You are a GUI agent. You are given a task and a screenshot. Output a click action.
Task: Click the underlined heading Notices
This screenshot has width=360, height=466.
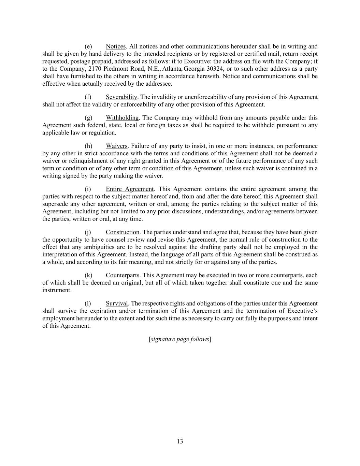point(116,46)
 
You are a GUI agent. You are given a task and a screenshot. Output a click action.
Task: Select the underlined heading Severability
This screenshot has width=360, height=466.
point(121,97)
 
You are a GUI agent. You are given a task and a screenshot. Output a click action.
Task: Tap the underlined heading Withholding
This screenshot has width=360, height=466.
point(122,118)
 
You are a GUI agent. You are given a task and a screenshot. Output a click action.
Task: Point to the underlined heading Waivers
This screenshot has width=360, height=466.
point(117,146)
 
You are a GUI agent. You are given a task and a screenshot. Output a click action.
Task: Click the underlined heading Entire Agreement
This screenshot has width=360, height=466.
point(130,189)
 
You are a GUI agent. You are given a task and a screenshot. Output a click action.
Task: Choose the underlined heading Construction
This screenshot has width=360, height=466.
point(123,232)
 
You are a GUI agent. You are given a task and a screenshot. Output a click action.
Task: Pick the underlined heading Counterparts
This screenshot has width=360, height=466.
point(123,275)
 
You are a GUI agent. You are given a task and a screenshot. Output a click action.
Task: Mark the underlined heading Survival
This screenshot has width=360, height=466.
point(117,303)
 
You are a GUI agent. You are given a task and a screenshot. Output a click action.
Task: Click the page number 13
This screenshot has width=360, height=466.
point(180,441)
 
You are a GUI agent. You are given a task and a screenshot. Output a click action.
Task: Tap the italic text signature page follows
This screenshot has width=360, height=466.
point(180,339)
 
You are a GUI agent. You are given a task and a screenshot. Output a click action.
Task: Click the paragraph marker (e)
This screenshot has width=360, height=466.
point(88,46)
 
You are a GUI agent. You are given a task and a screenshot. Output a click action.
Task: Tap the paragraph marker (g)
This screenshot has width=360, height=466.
point(88,118)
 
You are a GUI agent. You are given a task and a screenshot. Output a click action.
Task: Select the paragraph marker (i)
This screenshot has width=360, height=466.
point(88,189)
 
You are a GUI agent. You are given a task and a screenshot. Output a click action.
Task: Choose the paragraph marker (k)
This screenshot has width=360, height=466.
point(88,275)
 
